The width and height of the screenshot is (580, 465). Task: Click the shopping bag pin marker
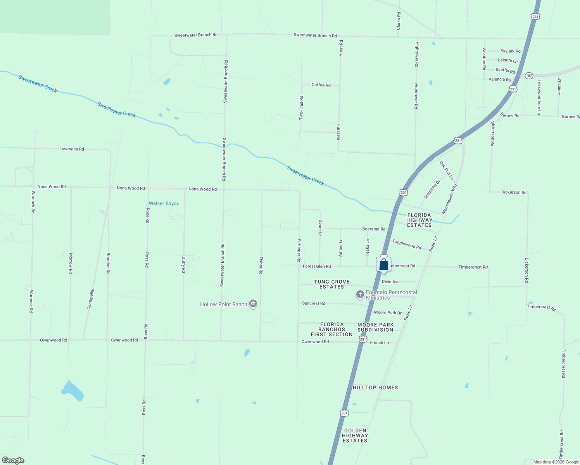click(x=383, y=265)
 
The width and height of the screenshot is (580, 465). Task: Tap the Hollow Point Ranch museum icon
click(x=253, y=304)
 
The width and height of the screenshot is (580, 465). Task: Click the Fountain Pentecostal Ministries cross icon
click(x=360, y=295)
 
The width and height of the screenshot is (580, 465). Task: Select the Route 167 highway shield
click(x=529, y=76)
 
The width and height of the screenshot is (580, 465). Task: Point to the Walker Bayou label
click(x=164, y=203)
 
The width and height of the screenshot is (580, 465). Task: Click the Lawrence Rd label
click(x=72, y=149)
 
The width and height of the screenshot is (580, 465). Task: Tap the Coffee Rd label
click(x=321, y=85)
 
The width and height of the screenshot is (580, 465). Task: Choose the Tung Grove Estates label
click(x=331, y=284)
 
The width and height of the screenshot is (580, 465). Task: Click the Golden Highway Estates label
click(x=355, y=436)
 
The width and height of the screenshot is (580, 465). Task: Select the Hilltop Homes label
click(x=375, y=387)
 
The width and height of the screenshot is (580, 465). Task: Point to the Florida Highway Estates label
click(x=419, y=220)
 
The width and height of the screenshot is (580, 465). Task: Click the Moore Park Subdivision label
click(x=375, y=327)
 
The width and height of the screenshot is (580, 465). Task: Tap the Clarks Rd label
click(x=399, y=21)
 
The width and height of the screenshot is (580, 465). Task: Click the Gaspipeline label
click(x=90, y=298)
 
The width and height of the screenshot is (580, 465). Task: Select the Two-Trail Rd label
click(x=301, y=108)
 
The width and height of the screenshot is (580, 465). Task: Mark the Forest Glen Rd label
click(x=317, y=266)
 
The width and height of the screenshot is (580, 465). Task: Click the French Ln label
click(x=379, y=343)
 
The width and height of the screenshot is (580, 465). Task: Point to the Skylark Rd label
click(x=510, y=51)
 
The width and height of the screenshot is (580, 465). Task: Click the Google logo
click(x=13, y=460)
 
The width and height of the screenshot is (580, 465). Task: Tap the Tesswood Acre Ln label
click(x=539, y=97)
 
